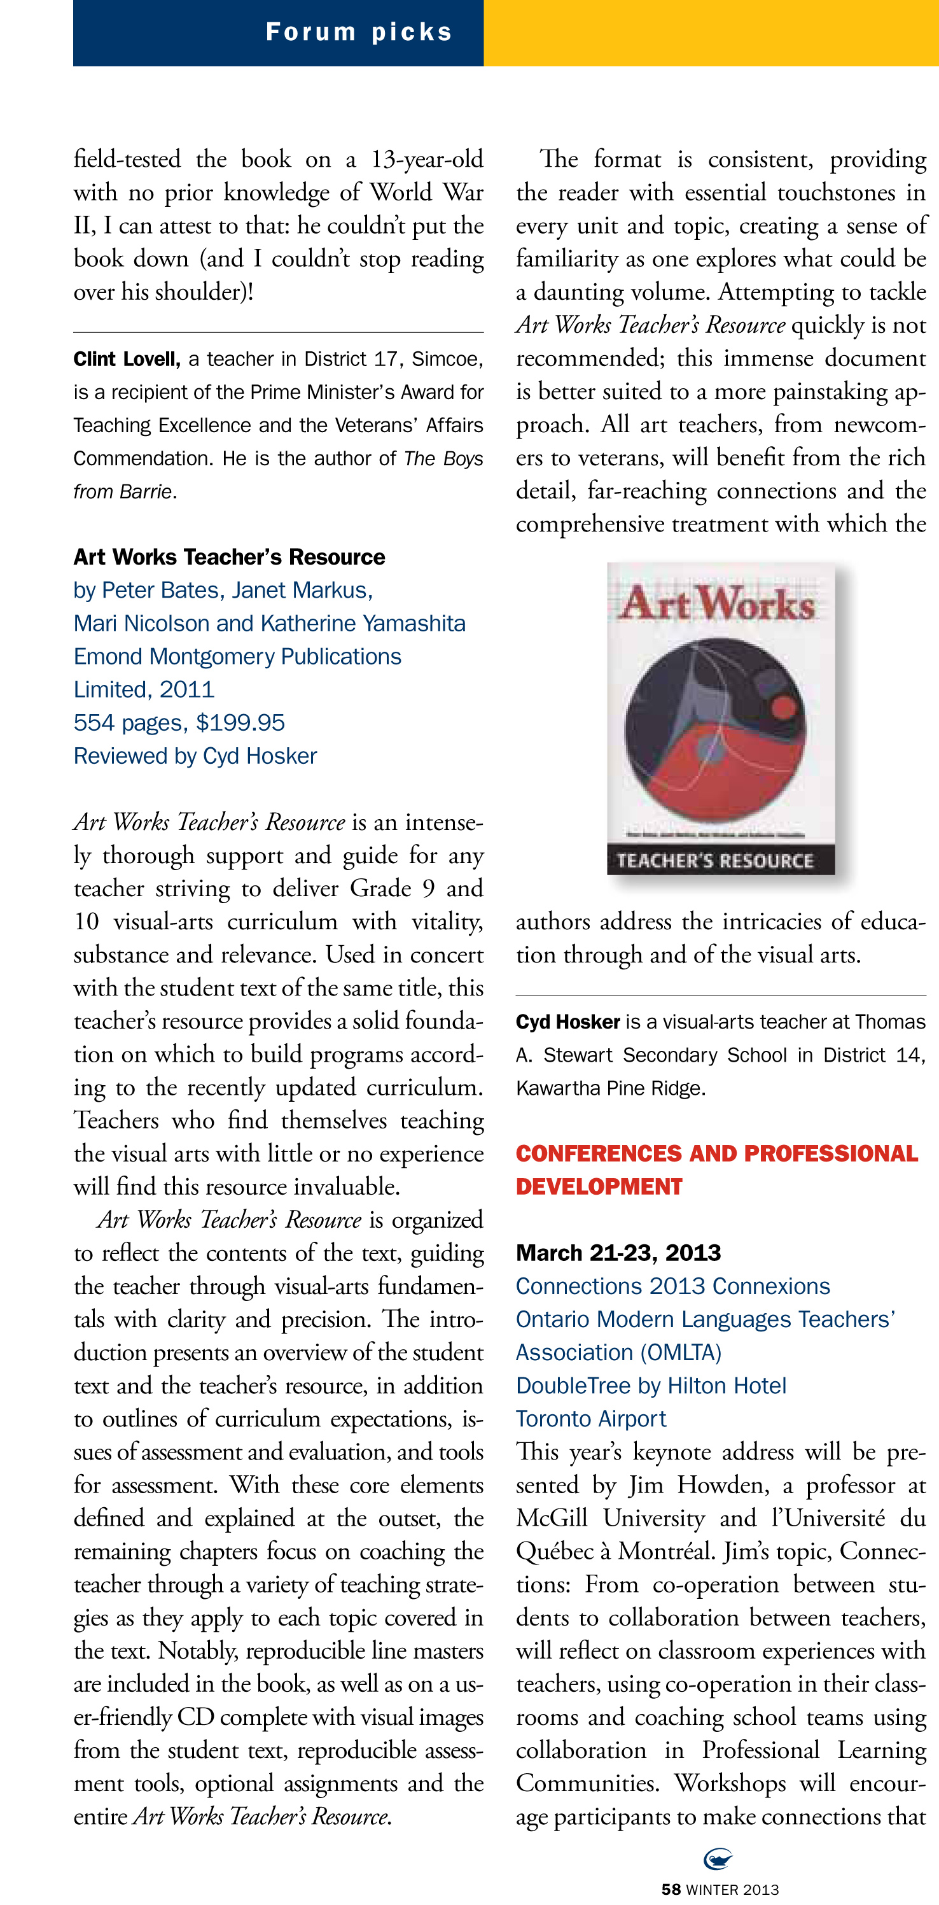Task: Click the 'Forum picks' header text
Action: [x=359, y=32]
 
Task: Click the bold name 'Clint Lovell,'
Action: [x=127, y=360]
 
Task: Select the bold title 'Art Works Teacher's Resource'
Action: [x=229, y=557]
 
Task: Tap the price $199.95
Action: [x=240, y=722]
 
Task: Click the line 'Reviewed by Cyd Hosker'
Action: [x=195, y=756]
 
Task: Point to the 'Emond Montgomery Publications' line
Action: [x=237, y=657]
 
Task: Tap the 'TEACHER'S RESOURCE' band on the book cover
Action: [x=715, y=861]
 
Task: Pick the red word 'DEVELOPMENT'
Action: [x=599, y=1187]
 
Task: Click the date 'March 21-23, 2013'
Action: [x=618, y=1253]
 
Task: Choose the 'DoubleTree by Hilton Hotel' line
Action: [x=651, y=1386]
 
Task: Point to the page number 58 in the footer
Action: [x=671, y=1890]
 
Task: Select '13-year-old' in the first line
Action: [x=428, y=160]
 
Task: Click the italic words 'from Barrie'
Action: [x=123, y=492]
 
